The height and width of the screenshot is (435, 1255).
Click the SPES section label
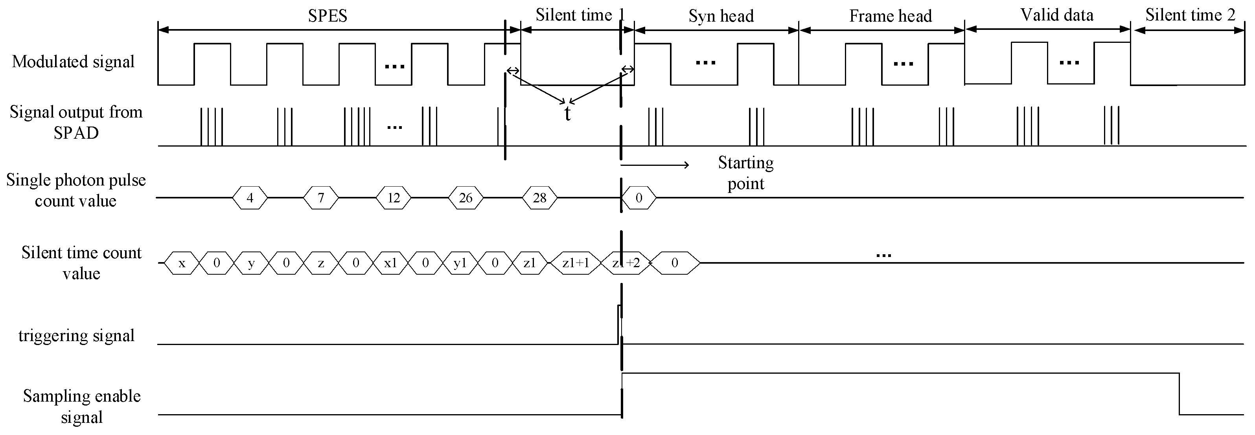click(328, 16)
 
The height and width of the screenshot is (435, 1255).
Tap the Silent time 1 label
click(579, 15)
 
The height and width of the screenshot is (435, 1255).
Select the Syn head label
click(721, 16)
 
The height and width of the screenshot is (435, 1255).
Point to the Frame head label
click(890, 16)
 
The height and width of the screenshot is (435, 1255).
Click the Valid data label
click(1057, 15)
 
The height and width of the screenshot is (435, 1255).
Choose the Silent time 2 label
click(1190, 15)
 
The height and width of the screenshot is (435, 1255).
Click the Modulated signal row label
click(73, 62)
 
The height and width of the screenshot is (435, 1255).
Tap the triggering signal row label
click(77, 336)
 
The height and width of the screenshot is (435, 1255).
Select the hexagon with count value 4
click(250, 198)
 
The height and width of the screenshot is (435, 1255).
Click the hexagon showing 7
click(320, 198)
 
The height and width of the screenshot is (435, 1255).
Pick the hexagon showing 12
click(393, 198)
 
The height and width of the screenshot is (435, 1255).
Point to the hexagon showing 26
click(466, 198)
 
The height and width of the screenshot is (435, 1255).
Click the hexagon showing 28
click(539, 198)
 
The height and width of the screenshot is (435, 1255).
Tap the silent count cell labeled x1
click(390, 263)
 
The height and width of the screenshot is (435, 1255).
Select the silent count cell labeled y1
click(460, 263)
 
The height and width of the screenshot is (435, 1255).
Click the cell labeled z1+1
click(575, 263)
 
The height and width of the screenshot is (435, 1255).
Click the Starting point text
click(745, 173)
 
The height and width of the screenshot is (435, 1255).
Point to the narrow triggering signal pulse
click(619, 325)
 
